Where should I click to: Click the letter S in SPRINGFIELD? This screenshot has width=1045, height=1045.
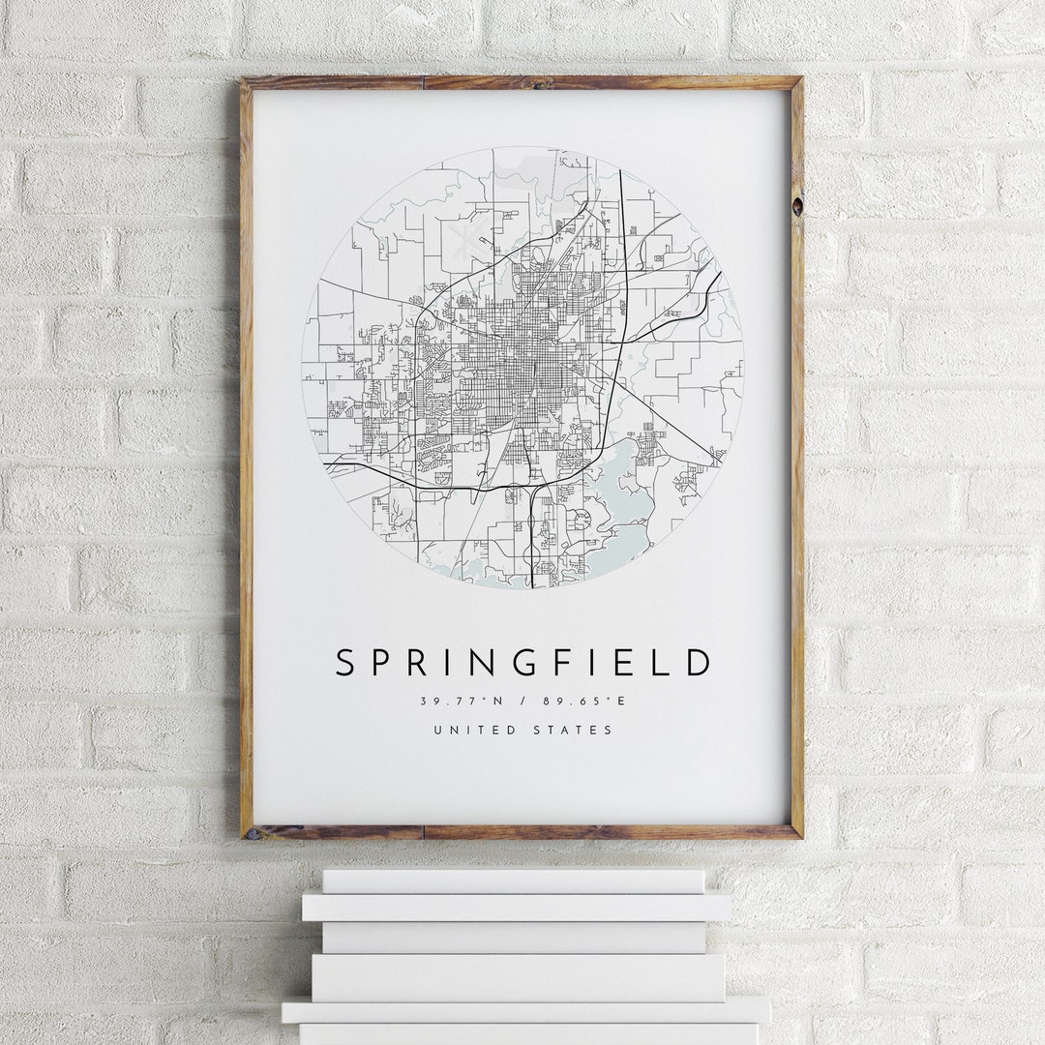point(345,663)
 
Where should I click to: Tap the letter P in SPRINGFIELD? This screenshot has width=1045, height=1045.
point(385,663)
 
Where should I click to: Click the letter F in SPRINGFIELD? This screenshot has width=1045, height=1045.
point(577,663)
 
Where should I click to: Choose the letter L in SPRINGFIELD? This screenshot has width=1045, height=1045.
point(663,663)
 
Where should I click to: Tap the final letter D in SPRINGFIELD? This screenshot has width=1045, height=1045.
point(699,663)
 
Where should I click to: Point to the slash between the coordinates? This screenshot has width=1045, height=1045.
point(522,701)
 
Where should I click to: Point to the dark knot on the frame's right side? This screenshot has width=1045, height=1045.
point(796,206)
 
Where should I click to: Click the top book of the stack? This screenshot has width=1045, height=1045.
point(513,881)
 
